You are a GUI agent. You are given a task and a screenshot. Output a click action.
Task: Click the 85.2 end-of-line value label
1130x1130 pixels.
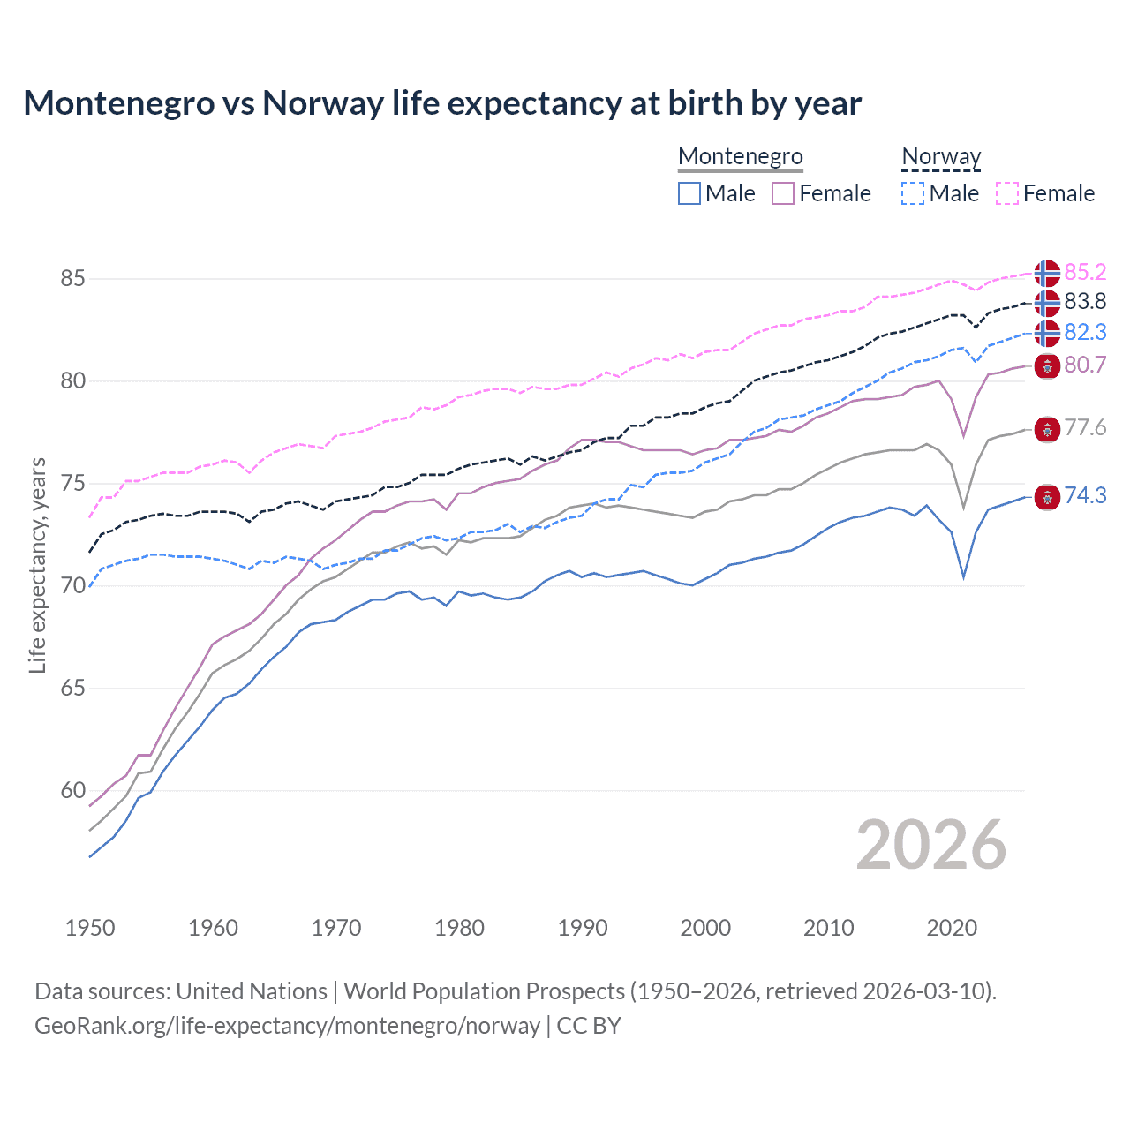click(1085, 272)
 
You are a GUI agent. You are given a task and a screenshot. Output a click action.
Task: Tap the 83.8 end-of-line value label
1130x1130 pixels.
click(1085, 302)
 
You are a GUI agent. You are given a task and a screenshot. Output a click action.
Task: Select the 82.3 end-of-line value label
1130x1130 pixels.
click(1085, 332)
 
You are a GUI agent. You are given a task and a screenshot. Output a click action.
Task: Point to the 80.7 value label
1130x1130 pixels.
click(1085, 365)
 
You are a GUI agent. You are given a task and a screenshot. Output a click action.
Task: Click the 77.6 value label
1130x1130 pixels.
click(1085, 428)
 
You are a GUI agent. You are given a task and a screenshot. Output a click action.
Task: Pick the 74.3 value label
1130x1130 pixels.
click(1085, 496)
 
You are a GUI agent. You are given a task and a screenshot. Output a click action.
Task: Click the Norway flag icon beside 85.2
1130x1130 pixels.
click(1047, 273)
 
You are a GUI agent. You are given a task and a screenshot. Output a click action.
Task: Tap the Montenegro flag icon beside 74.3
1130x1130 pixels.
click(1047, 497)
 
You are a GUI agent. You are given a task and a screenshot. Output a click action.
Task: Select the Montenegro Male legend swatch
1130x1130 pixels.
click(689, 193)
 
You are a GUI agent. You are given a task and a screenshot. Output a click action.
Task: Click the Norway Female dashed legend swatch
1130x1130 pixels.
click(1007, 193)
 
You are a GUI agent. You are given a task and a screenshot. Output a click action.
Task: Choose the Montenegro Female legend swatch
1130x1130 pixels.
click(783, 193)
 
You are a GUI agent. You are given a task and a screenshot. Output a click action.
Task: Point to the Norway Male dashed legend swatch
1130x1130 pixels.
click(913, 193)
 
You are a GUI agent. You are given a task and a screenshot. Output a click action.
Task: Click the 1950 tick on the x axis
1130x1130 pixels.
click(90, 928)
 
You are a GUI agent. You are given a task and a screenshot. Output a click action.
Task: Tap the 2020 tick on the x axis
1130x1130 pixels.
click(952, 928)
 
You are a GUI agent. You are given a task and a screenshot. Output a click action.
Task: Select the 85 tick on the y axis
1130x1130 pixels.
click(72, 279)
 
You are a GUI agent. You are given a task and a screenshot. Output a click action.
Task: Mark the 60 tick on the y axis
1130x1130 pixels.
click(72, 791)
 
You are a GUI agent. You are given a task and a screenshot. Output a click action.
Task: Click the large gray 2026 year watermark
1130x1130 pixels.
click(931, 845)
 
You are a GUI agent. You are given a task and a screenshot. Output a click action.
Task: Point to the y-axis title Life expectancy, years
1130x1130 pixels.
click(37, 565)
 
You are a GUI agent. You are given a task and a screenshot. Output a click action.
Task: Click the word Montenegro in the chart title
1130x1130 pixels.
click(118, 103)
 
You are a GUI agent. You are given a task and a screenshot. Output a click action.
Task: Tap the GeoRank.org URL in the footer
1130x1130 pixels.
click(287, 1026)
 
